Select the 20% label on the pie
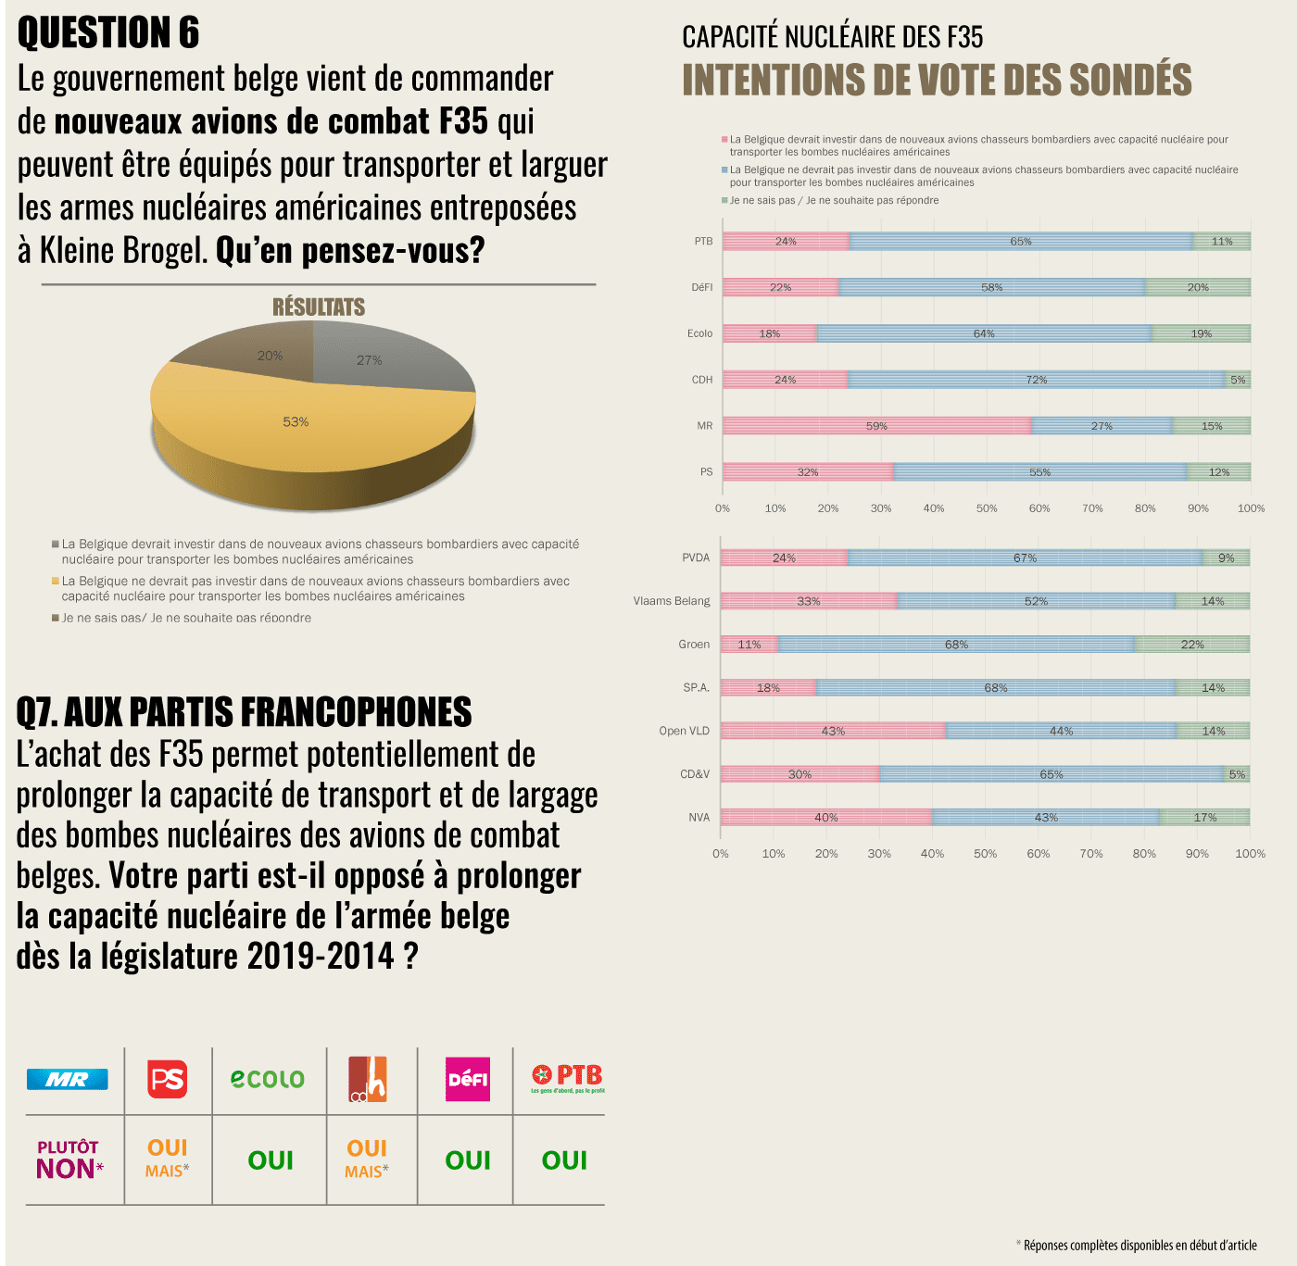tap(270, 356)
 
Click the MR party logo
tap(68, 1079)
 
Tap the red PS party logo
tap(168, 1079)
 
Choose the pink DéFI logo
tap(468, 1079)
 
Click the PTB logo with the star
tap(567, 1077)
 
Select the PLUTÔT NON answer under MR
tap(69, 1160)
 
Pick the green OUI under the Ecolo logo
tap(271, 1160)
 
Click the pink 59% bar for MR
tap(876, 426)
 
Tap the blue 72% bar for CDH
tap(1036, 380)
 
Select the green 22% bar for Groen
tap(1192, 645)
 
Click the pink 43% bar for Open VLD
tap(833, 731)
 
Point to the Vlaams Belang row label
tap(672, 601)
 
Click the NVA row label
tap(699, 818)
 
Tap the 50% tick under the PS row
tap(987, 508)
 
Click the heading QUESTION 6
tap(108, 33)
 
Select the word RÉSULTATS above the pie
tap(319, 307)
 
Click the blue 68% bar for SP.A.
tap(996, 687)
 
